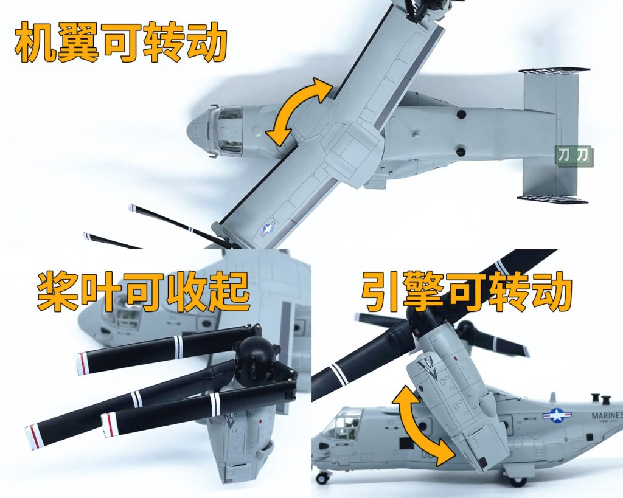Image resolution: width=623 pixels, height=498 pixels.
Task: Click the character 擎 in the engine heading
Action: coord(424,292)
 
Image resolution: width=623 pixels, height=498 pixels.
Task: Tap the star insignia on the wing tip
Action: coord(268,229)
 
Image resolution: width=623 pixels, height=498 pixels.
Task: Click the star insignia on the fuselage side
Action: coord(557,415)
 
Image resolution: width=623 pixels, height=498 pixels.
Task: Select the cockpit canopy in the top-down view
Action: coord(230,131)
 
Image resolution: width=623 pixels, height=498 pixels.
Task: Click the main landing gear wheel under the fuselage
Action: coord(517,481)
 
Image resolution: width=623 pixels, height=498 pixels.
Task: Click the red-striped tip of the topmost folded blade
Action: coord(82,364)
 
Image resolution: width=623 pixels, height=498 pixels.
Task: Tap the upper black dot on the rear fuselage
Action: coord(461,115)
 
